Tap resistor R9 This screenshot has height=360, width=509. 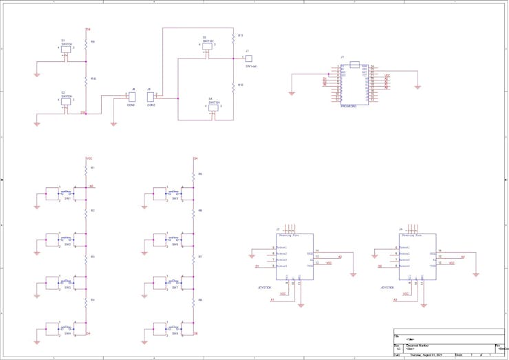[x=86, y=43]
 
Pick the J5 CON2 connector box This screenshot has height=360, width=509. [x=151, y=97]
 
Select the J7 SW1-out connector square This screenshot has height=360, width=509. [x=249, y=59]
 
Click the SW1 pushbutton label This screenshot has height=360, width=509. [x=67, y=199]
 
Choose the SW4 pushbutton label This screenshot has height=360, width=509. [x=67, y=334]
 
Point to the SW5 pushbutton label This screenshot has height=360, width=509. [x=175, y=199]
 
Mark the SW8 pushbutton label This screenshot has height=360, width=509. [x=175, y=334]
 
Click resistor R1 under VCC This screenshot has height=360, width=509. [x=86, y=169]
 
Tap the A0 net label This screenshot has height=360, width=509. [x=91, y=186]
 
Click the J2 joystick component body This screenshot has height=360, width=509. [x=294, y=256]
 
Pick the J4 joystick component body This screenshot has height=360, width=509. [x=417, y=256]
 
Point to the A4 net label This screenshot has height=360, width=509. [x=463, y=257]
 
